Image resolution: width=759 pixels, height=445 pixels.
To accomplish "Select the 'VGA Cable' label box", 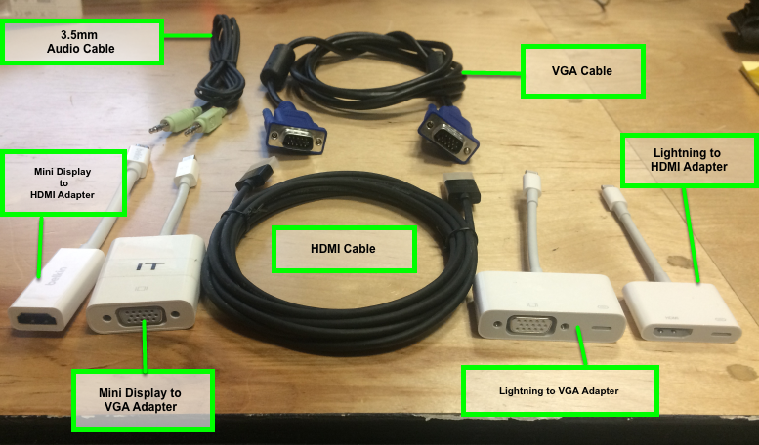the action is coord(583,71).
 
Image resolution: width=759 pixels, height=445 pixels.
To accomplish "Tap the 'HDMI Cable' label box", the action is coord(343,249).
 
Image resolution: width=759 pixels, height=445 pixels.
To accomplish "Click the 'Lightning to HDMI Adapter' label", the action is coord(690,160).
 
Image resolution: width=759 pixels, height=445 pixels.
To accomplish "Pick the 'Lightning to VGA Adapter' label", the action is coord(558,391).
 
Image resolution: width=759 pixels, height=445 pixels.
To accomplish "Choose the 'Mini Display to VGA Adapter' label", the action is coord(142,399).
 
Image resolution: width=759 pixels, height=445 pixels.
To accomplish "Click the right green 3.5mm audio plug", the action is coord(204,123).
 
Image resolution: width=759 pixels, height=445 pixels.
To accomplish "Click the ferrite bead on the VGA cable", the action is coord(271,75).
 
